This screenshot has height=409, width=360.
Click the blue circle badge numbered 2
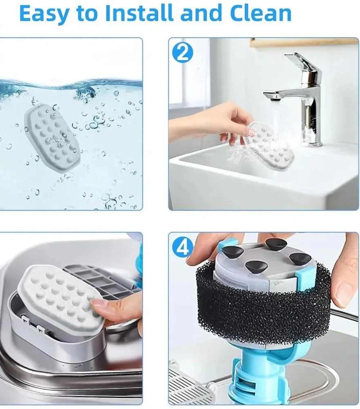point(183,53)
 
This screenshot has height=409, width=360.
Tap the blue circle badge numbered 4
point(183,248)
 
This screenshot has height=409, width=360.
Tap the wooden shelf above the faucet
point(304,43)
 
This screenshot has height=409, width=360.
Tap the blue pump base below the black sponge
point(262,376)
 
